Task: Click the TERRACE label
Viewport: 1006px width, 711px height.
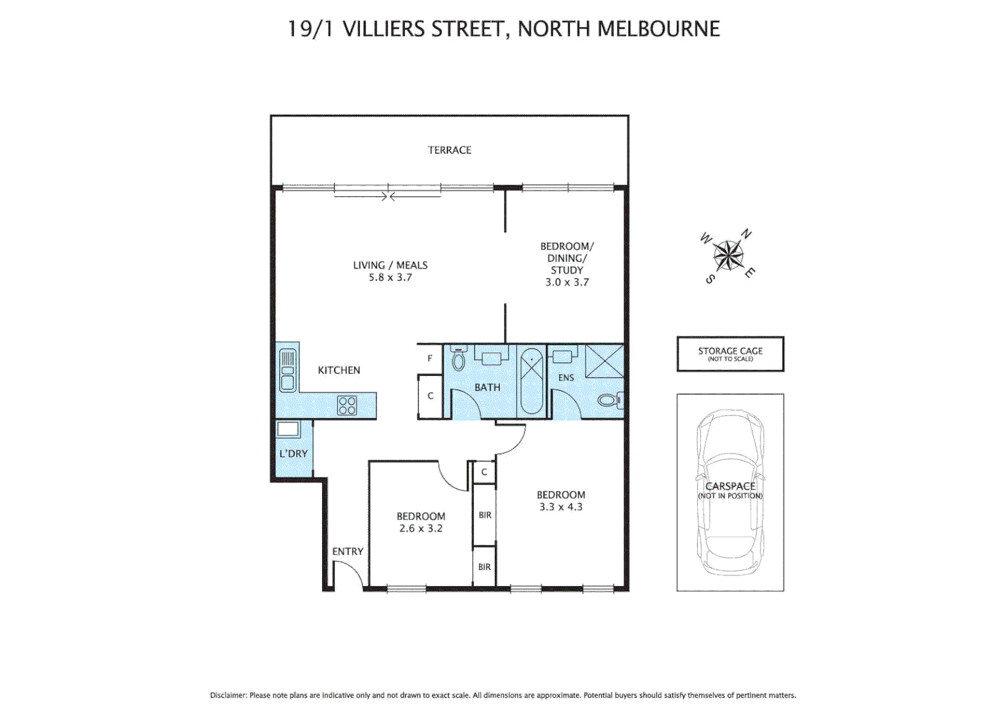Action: point(450,150)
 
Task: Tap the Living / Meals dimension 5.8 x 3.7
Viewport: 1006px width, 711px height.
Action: point(390,278)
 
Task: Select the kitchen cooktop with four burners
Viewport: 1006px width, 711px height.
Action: point(347,406)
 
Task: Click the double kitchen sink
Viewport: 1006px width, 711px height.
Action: point(288,371)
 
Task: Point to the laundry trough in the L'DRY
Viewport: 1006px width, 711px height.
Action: point(288,430)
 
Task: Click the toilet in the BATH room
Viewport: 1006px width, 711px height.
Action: point(459,359)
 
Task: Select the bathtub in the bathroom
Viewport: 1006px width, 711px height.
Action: point(531,381)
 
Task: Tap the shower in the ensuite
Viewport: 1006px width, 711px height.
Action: point(604,361)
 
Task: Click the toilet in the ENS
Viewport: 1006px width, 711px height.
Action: point(608,400)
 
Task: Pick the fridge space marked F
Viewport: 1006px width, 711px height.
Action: point(430,359)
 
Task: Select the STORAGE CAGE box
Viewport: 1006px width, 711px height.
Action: point(730,354)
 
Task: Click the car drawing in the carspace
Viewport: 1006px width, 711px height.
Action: point(730,492)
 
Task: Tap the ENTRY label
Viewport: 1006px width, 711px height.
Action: point(348,552)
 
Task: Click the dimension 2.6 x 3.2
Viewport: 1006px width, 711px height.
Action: point(421,529)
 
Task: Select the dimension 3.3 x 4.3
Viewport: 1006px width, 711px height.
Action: point(561,507)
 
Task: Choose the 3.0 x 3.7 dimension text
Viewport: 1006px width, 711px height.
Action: point(567,282)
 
